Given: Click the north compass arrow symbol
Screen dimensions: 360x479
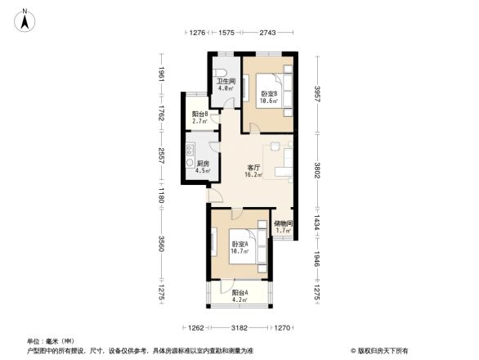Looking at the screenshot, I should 26,20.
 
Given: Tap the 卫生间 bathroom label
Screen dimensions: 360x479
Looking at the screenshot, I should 226,82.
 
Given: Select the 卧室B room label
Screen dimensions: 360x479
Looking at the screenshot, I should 270,95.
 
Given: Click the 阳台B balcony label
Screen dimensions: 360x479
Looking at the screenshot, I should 200,115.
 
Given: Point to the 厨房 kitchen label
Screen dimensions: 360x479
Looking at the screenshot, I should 204,164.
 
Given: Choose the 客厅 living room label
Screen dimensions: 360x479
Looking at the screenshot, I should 254,170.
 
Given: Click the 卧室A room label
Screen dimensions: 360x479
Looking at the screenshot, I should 239,245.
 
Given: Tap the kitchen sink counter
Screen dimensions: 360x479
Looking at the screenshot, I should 190,151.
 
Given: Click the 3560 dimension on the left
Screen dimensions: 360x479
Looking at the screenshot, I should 162,244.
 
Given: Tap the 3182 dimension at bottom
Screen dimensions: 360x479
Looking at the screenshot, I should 239,328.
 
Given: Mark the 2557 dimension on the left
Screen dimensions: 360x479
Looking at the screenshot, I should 162,155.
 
